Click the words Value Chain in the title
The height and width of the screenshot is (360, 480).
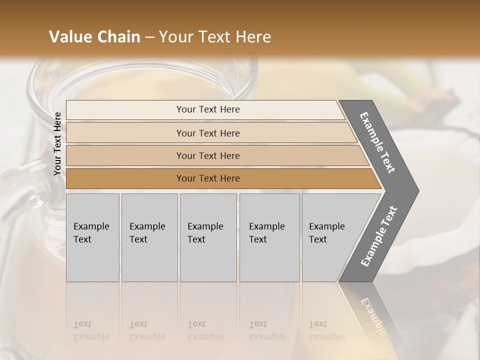(94, 37)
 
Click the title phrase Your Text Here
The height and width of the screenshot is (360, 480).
(214, 37)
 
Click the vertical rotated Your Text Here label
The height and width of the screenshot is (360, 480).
(57, 143)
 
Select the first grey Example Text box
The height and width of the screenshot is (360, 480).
(92, 237)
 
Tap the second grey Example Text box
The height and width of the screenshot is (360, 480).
(149, 237)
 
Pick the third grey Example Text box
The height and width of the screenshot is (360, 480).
(208, 237)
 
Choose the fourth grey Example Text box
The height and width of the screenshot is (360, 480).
(269, 237)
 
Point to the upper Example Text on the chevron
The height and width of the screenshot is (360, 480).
(378, 142)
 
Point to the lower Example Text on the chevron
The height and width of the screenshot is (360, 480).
(378, 236)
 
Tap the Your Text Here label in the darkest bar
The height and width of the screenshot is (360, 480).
(208, 178)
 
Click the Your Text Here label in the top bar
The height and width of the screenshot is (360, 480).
(208, 109)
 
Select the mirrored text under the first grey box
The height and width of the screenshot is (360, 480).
(91, 330)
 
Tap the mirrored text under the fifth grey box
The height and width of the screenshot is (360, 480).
(326, 330)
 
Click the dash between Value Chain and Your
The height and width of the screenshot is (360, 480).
(149, 37)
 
